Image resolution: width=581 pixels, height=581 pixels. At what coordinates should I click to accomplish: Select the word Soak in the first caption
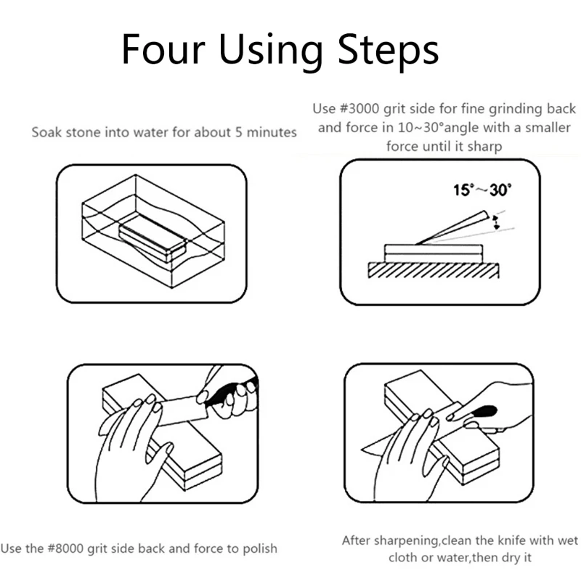[x=46, y=133]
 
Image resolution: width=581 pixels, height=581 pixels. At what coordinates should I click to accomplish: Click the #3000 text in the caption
[x=361, y=109]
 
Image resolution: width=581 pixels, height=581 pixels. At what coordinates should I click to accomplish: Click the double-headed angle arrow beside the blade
[x=496, y=222]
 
